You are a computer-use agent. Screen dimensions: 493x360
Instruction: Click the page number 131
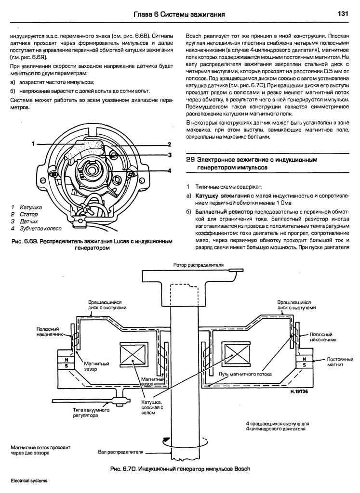(x=343, y=14)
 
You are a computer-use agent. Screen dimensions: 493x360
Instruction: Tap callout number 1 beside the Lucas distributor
(x=33, y=144)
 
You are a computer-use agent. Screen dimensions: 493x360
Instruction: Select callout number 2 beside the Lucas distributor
(x=170, y=144)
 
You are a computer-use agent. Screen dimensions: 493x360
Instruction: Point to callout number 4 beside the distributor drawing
(x=170, y=170)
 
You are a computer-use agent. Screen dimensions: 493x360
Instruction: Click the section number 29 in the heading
(x=190, y=159)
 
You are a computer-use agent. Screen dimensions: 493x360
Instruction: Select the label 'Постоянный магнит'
(x=340, y=362)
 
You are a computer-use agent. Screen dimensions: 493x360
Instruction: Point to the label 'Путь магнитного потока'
(x=245, y=374)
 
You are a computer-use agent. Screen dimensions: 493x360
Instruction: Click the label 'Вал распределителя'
(x=121, y=453)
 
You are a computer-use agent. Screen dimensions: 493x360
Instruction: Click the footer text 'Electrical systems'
(x=29, y=481)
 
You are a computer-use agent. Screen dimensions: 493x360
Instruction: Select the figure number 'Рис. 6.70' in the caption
(x=124, y=468)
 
